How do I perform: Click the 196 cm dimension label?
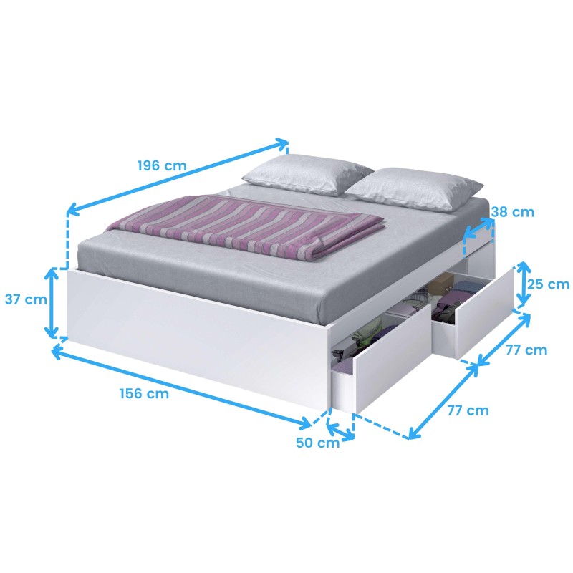162,165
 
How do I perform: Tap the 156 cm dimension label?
145,393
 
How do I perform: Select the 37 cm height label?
26,299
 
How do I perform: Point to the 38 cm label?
512,212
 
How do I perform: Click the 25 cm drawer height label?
548,284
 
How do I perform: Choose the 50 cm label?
317,443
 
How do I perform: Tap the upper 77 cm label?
526,350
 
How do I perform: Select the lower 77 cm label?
468,410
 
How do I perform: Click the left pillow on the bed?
307,174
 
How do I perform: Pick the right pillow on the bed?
413,189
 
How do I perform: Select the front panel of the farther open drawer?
485,314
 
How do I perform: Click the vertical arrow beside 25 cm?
524,283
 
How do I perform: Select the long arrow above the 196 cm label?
178,177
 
